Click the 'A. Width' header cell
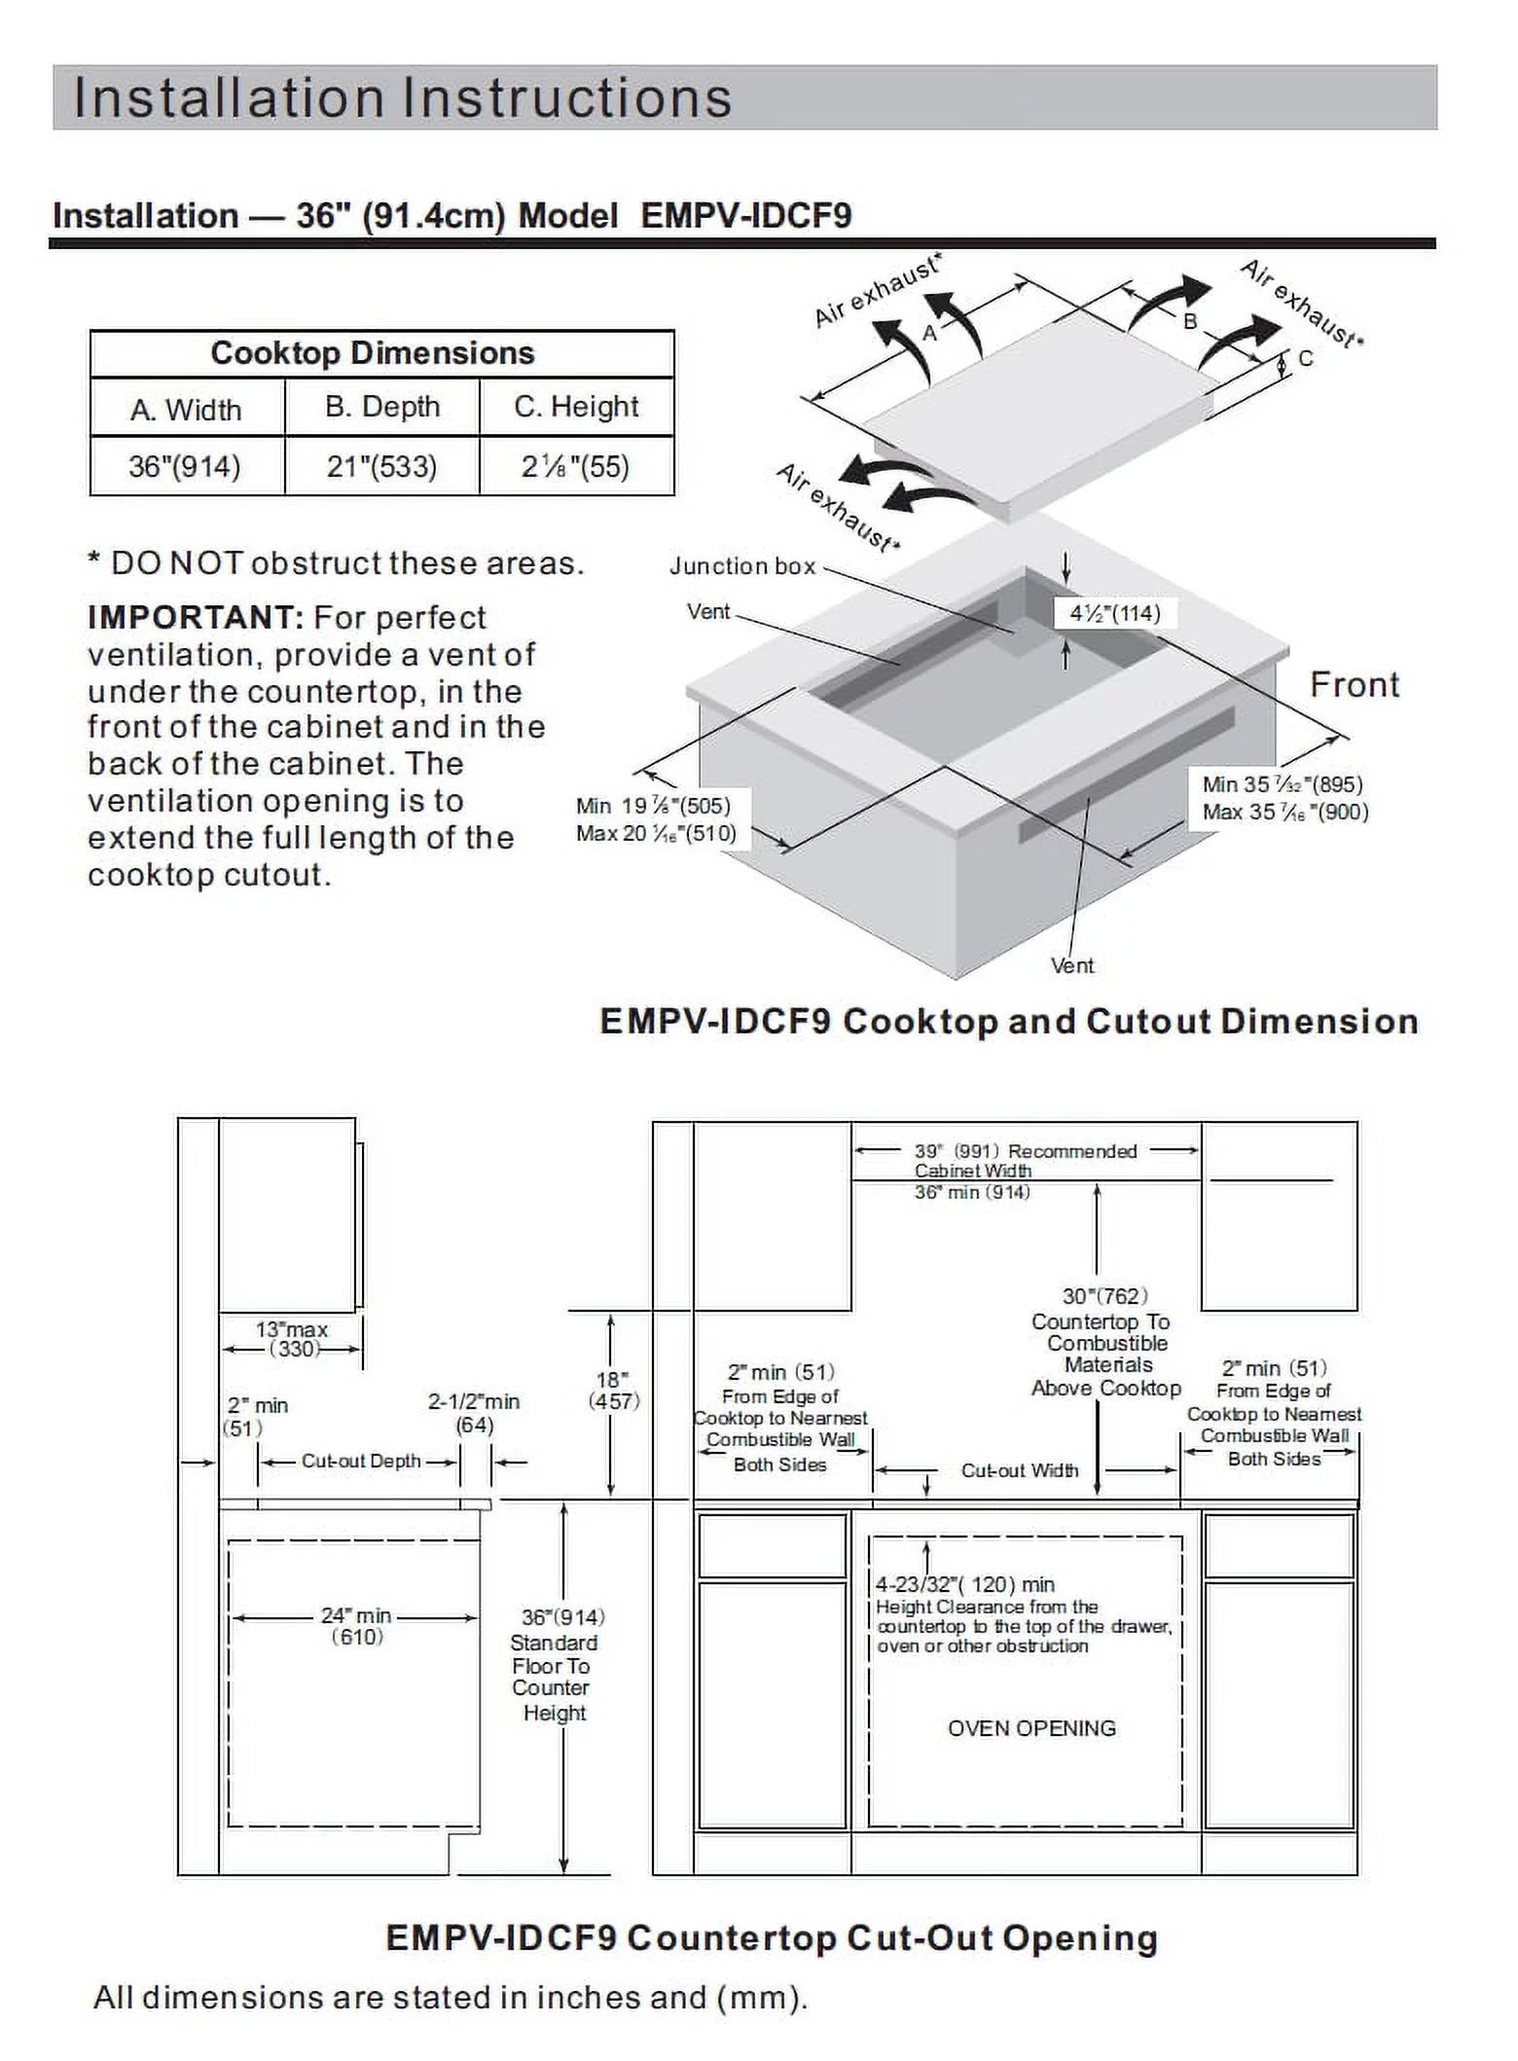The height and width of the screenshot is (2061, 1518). tap(186, 410)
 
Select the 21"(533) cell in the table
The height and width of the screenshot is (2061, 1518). tap(381, 467)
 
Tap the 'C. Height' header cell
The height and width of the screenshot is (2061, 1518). tap(576, 407)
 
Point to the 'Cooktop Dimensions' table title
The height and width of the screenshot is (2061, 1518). tap(373, 352)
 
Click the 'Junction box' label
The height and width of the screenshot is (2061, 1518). tap(741, 566)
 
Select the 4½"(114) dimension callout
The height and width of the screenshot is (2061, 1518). tap(1115, 613)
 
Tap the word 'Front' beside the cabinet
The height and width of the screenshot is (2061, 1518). tap(1355, 685)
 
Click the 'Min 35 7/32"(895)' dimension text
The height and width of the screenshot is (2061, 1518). tap(1283, 784)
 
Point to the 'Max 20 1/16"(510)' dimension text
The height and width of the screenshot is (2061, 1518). tap(656, 834)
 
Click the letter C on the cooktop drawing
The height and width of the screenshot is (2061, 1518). tap(1306, 359)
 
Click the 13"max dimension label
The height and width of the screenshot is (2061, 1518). tap(292, 1329)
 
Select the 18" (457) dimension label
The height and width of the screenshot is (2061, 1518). tap(612, 1391)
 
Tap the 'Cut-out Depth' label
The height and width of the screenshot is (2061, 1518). tap(361, 1462)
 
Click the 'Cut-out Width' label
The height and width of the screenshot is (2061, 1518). tap(1020, 1470)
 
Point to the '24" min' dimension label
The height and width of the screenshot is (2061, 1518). tap(356, 1615)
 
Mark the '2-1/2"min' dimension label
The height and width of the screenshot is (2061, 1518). tap(474, 1402)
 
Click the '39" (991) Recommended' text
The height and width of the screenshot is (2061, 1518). tap(1025, 1151)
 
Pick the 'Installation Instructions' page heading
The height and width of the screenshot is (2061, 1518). tap(403, 98)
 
